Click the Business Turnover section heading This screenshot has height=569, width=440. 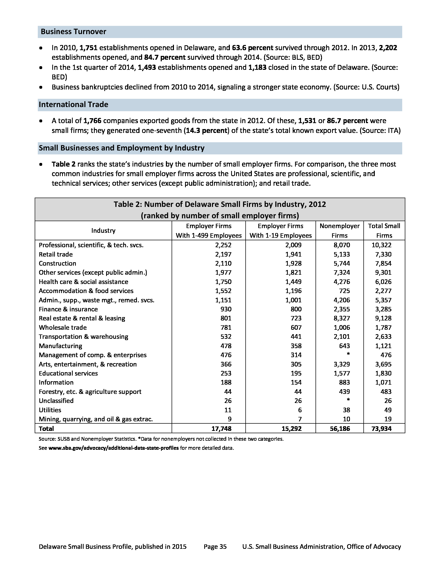pos(74,32)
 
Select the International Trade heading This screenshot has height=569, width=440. pos(74,105)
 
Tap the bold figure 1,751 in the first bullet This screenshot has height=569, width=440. pos(88,48)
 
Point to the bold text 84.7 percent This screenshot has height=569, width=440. pos(165,58)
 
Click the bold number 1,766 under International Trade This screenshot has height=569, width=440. pos(92,121)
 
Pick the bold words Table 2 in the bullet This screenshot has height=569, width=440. pos(63,164)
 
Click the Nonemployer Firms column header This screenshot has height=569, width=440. pos(339,230)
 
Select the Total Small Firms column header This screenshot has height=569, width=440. pos(384,230)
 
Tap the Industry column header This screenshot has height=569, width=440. pos(103,230)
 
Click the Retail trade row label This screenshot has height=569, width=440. pos(56,254)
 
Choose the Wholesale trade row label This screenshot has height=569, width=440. pos(63,328)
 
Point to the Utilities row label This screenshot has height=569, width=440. pos(50,410)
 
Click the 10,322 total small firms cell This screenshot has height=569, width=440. pos(381,245)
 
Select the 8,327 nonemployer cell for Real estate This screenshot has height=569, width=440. pos(342,318)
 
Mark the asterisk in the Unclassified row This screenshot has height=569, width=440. pos(348,400)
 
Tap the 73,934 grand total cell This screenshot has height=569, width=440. pos(381,429)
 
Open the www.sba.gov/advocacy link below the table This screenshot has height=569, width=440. pos(114,448)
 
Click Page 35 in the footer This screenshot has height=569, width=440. pos(215,546)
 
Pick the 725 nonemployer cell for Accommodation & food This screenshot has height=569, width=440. pos(344,291)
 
